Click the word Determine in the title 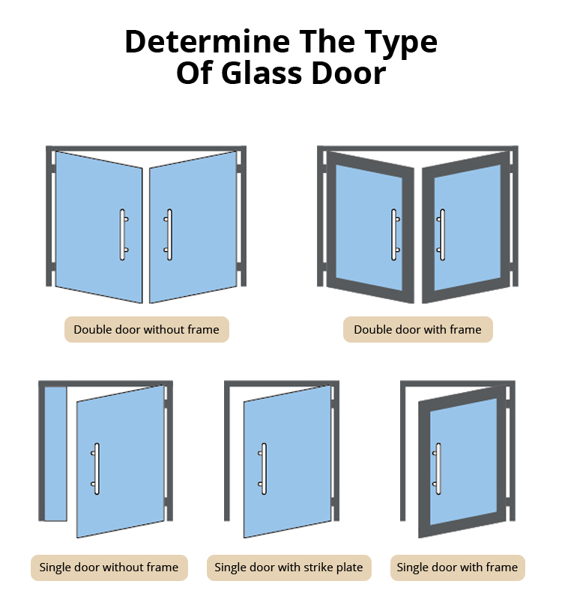coord(208,41)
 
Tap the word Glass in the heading coord(262,73)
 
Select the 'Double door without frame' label coord(146,330)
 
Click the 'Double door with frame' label coord(417,330)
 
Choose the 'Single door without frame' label coord(109,568)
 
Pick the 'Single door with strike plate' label coord(288,568)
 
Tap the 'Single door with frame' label coord(457,568)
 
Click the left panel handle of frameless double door coord(123,235)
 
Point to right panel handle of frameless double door coord(169,235)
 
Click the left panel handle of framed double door coord(395,235)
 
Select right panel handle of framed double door coord(441,235)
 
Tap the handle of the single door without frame coord(95,469)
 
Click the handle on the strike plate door coord(262,469)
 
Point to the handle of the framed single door coord(437,469)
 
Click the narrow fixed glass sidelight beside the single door coord(55,454)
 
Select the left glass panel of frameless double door coord(99,227)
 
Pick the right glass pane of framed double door coord(468,227)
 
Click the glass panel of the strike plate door coord(288,462)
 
